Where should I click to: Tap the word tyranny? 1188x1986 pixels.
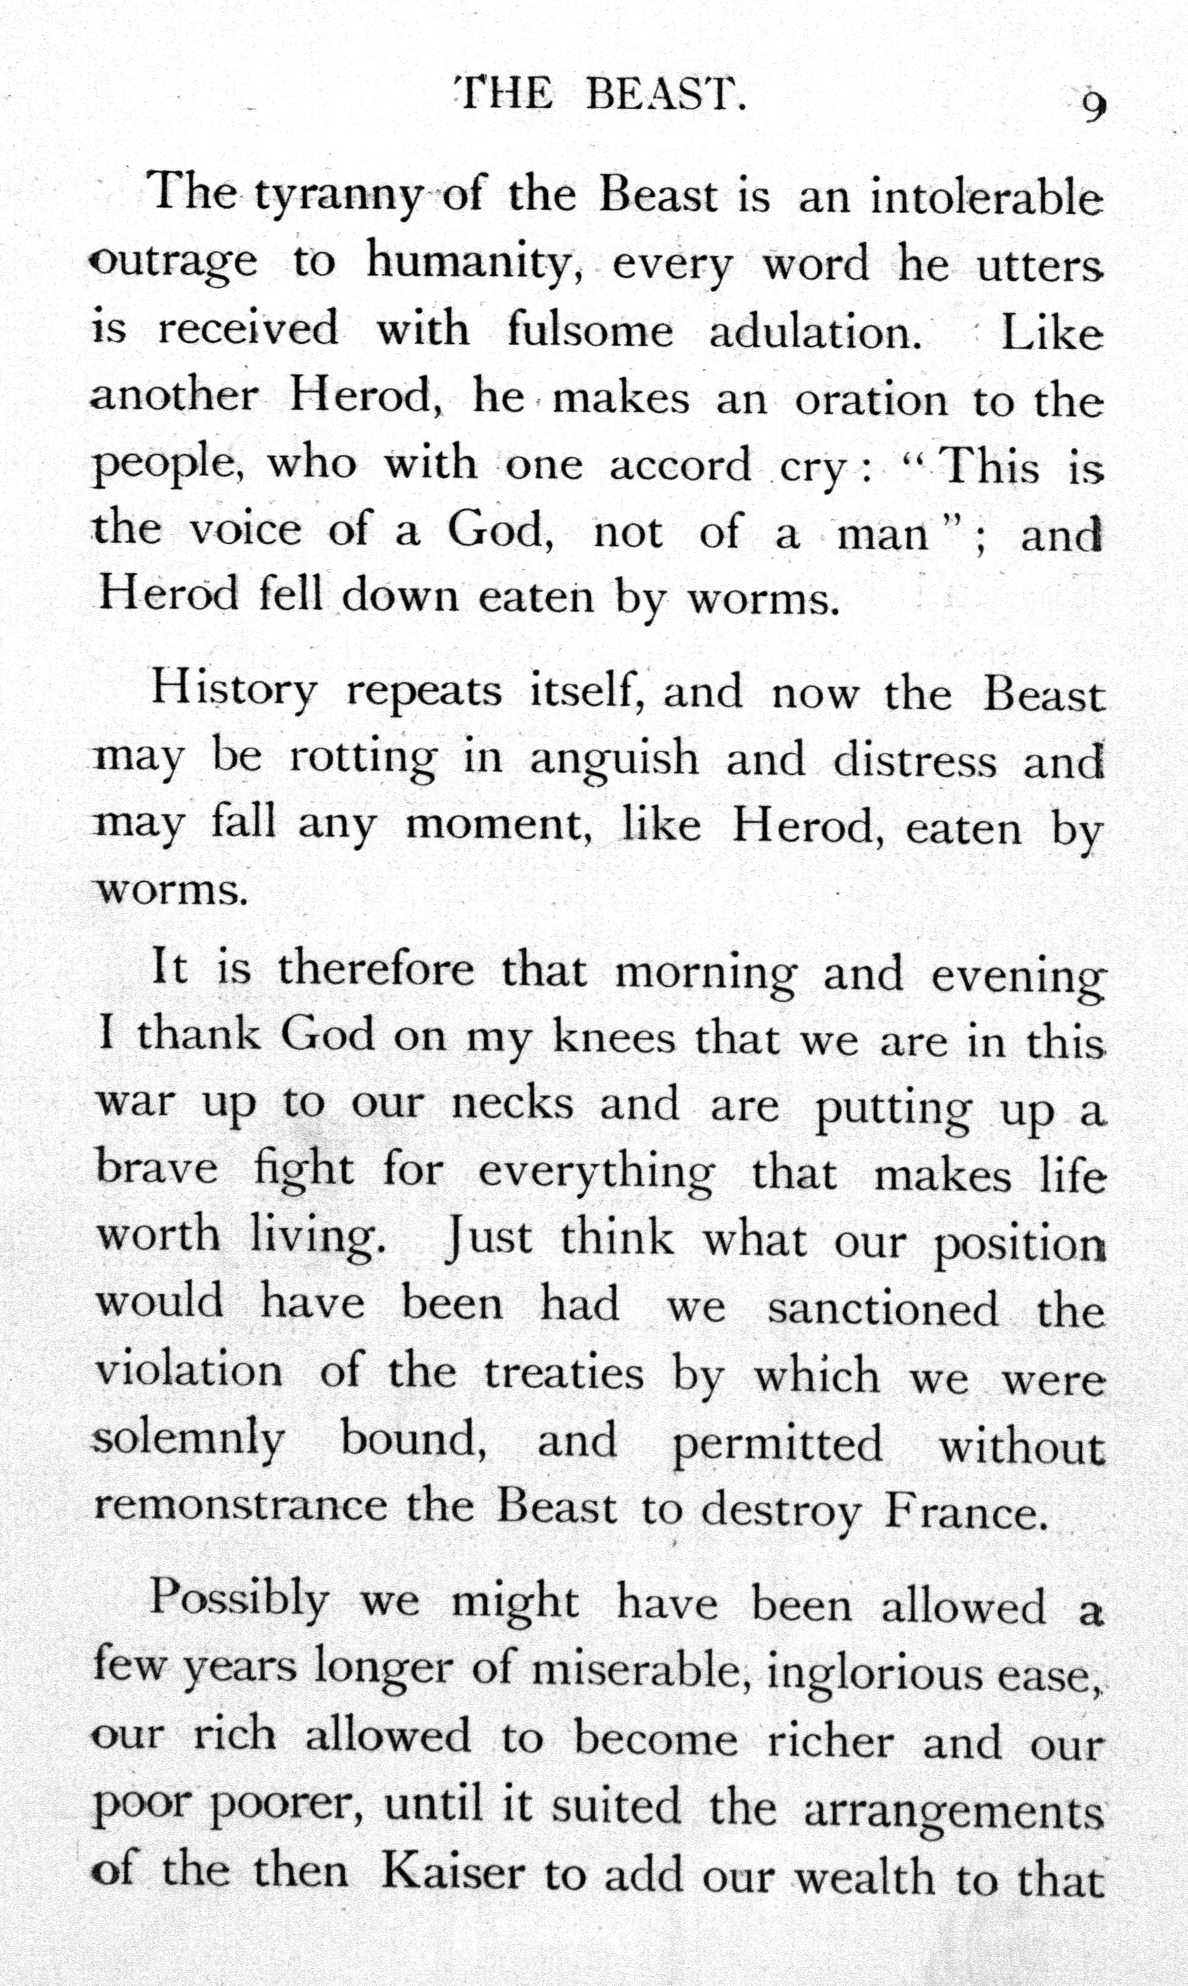pyautogui.click(x=336, y=197)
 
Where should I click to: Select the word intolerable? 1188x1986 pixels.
pyautogui.click(x=986, y=197)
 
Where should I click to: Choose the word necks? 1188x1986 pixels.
pyautogui.click(x=512, y=1106)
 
